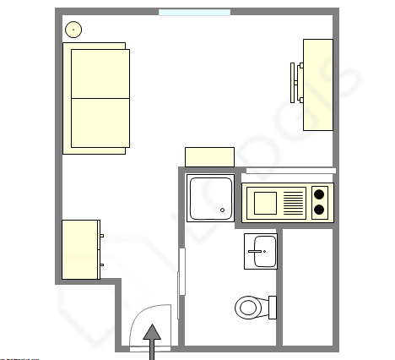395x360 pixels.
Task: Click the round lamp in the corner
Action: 74,30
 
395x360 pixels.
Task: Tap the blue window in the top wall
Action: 194,13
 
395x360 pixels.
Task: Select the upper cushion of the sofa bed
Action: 100,74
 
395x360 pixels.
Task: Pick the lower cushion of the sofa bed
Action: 100,123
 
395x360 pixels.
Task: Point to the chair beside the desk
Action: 296,83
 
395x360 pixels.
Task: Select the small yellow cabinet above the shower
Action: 209,157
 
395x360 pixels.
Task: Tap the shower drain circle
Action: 223,210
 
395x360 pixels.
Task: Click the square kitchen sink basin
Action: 264,203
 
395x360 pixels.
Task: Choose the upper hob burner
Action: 320,194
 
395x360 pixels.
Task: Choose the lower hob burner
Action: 320,211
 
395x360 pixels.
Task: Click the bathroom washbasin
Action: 261,250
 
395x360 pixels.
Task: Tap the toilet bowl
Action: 248,307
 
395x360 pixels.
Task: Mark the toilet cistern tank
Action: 273,307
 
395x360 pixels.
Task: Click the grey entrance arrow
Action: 152,338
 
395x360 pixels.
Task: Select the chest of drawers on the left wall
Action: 81,248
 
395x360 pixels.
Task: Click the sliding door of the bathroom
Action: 181,270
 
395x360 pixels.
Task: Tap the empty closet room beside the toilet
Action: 309,287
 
